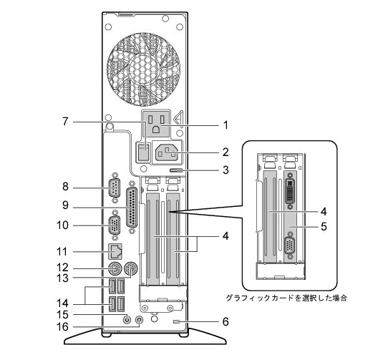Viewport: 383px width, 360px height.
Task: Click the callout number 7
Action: point(65,122)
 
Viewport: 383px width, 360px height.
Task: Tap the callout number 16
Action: point(62,326)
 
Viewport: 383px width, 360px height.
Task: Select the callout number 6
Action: point(226,321)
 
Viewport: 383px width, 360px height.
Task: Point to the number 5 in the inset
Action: point(324,226)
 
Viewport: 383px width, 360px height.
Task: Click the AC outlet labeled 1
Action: point(156,124)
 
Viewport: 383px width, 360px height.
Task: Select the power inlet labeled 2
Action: point(167,152)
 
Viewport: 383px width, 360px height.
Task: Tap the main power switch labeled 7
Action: point(143,152)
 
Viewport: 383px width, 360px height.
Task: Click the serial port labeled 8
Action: point(115,188)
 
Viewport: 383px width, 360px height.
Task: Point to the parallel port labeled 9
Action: point(132,208)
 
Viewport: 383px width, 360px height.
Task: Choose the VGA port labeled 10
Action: point(115,225)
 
